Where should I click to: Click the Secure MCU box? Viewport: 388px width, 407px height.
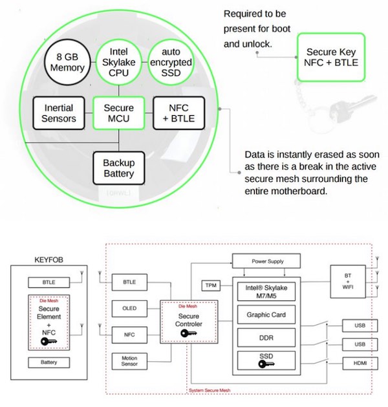click(x=120, y=113)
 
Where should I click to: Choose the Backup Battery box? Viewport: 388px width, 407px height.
click(x=118, y=167)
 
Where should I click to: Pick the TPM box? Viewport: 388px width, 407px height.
click(x=211, y=285)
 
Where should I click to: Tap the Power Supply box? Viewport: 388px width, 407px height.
click(x=267, y=261)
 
